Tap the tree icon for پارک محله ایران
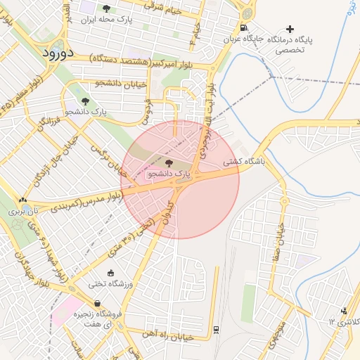tap(106, 9)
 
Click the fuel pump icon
tap(243, 29)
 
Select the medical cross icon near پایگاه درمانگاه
tap(289, 29)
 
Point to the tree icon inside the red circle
tap(168, 162)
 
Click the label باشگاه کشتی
tap(243, 161)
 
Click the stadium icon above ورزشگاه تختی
tap(110, 274)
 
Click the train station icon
tap(216, 329)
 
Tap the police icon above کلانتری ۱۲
tap(344, 311)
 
